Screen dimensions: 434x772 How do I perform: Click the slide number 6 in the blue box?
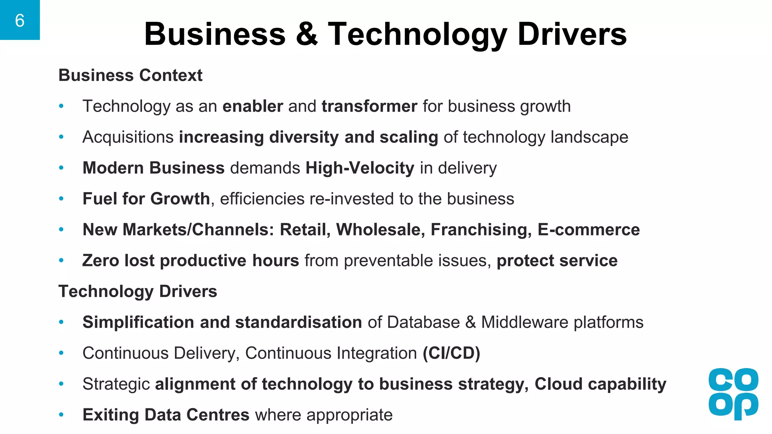pyautogui.click(x=20, y=20)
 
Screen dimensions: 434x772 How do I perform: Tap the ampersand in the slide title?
pyautogui.click(x=307, y=34)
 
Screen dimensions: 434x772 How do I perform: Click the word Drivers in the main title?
pyautogui.click(x=572, y=34)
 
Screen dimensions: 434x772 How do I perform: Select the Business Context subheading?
pyautogui.click(x=130, y=75)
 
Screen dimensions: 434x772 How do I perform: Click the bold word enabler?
pyautogui.click(x=253, y=106)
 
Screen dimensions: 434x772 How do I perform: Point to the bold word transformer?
pyautogui.click(x=369, y=106)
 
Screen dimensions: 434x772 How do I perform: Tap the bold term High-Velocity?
pyautogui.click(x=360, y=168)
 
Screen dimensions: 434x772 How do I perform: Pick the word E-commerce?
pyautogui.click(x=588, y=230)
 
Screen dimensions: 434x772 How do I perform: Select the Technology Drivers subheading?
pyautogui.click(x=138, y=292)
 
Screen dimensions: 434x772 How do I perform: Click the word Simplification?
pyautogui.click(x=138, y=322)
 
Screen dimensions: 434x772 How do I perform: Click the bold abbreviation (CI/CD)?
pyautogui.click(x=451, y=353)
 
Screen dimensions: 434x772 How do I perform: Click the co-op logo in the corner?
pyautogui.click(x=733, y=394)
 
